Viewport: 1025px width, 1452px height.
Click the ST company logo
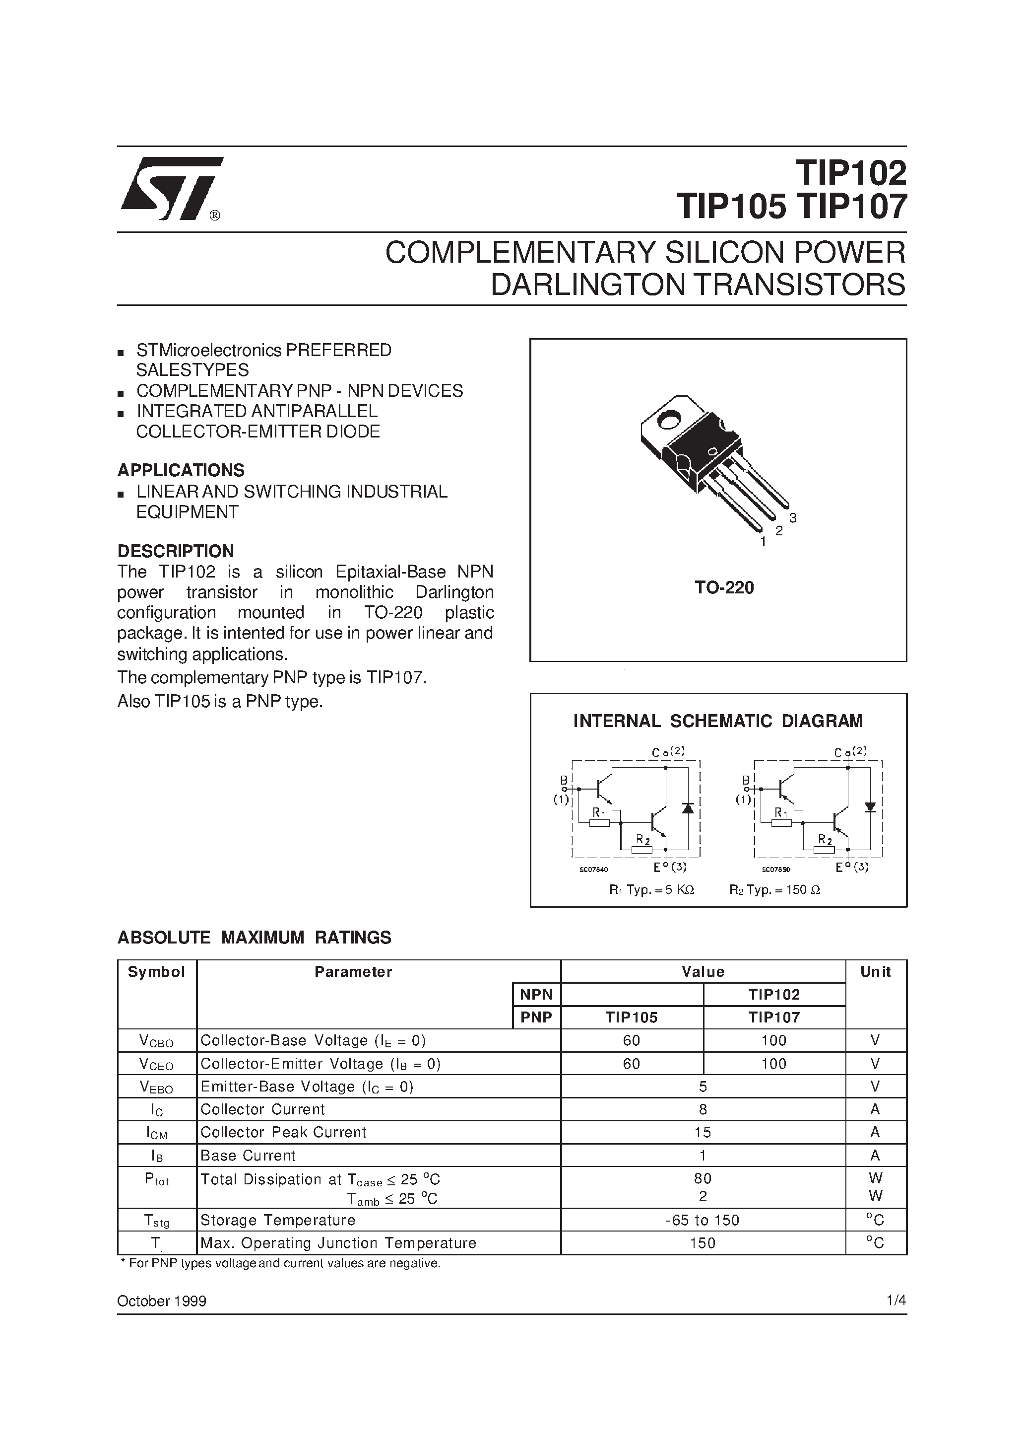point(172,188)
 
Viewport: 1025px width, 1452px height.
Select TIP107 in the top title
point(850,207)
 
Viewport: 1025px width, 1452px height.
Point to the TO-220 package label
point(724,588)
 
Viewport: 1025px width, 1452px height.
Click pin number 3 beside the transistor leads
point(792,518)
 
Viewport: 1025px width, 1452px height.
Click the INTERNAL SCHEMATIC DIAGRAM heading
point(717,721)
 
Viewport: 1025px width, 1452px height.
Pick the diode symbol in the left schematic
point(688,807)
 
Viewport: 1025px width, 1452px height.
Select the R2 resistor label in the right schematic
point(825,839)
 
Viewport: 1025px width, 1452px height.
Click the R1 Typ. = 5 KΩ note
point(651,890)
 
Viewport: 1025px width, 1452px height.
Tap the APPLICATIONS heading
point(181,470)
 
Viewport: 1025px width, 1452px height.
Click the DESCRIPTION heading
point(176,551)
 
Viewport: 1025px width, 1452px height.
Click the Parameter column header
point(353,972)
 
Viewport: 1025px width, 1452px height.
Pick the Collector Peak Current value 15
point(703,1132)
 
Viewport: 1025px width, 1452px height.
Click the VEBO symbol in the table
point(157,1087)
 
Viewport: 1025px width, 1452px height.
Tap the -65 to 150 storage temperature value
point(703,1221)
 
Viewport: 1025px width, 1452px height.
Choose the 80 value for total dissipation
point(703,1178)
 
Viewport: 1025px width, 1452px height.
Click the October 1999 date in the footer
point(162,1302)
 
